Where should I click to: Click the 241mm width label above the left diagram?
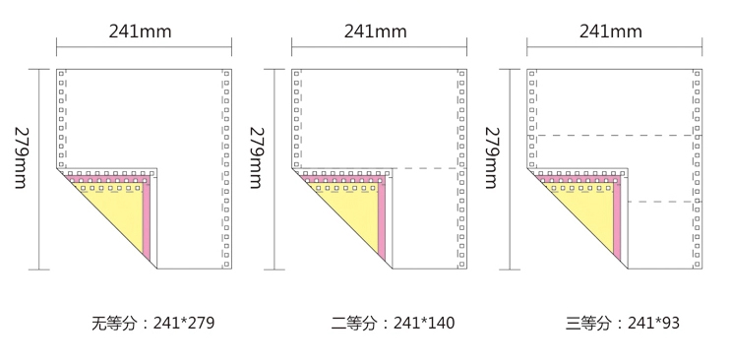click(x=140, y=31)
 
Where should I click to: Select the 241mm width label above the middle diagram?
click(x=375, y=31)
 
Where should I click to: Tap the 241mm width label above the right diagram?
click(x=610, y=31)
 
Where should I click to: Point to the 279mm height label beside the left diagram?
click(x=22, y=158)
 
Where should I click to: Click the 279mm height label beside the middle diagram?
click(x=257, y=158)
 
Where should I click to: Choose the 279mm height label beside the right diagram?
click(x=492, y=158)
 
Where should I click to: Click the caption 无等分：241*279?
click(x=153, y=323)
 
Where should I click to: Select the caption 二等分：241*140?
click(x=393, y=323)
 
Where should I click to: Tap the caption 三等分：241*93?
click(x=623, y=323)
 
